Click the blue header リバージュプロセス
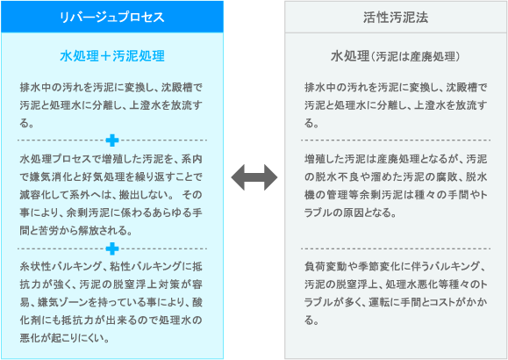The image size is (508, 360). (x=112, y=17)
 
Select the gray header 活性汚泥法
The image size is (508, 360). (x=396, y=17)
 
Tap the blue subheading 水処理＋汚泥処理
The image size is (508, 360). (x=112, y=56)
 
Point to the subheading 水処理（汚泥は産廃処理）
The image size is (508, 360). (x=396, y=56)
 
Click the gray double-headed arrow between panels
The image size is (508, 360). (x=254, y=177)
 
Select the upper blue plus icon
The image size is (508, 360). (x=112, y=140)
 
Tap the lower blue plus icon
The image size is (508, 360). (x=112, y=248)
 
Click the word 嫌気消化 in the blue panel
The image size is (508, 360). (x=47, y=176)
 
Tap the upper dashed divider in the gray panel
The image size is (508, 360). (x=396, y=140)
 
